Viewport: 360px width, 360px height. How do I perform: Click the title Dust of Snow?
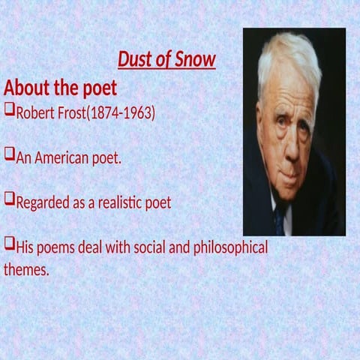click(166, 59)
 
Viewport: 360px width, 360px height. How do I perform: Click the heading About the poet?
click(60, 88)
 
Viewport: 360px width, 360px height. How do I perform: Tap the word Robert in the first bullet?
click(35, 115)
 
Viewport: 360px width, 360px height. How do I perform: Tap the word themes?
click(25, 269)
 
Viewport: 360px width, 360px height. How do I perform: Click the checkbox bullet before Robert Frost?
click(9, 112)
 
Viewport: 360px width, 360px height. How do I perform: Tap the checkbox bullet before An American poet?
click(9, 156)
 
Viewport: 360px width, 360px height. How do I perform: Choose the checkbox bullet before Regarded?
click(9, 200)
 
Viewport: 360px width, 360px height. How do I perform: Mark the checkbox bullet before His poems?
click(9, 244)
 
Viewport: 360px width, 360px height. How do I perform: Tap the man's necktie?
click(280, 219)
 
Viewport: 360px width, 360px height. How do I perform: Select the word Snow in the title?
click(195, 59)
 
